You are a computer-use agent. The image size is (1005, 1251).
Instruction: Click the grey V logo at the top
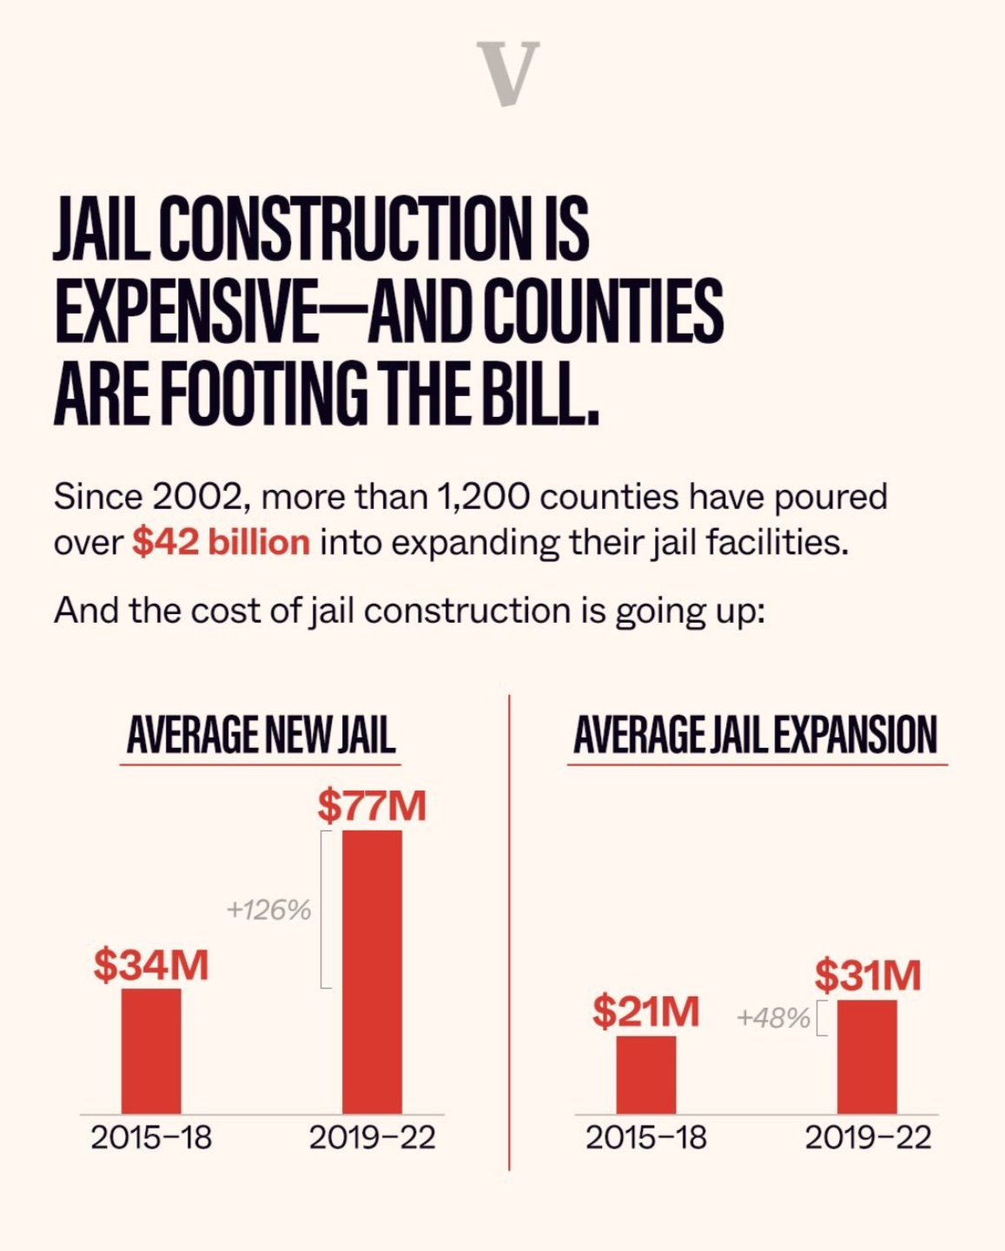click(x=508, y=73)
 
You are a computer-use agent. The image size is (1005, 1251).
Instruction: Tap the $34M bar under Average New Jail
click(x=151, y=1051)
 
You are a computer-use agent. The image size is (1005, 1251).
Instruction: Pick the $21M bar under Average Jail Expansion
click(x=646, y=1075)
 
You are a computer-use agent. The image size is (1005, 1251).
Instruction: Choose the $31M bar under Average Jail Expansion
click(x=867, y=1057)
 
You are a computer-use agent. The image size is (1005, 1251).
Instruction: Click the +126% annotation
click(x=268, y=910)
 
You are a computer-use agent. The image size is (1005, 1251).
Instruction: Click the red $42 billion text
click(x=221, y=542)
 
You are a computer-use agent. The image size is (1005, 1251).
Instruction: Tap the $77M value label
click(x=372, y=805)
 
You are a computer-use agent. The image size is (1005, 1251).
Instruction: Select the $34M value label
click(x=151, y=965)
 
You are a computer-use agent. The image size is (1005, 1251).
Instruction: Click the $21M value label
click(x=645, y=1012)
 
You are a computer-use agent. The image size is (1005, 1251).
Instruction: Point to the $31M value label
click(x=868, y=976)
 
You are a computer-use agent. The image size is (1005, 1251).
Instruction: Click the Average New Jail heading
click(x=261, y=735)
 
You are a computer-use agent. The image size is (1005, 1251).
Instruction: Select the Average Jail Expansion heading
click(x=756, y=735)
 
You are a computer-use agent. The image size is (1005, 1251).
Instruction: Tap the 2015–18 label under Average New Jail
click(x=151, y=1138)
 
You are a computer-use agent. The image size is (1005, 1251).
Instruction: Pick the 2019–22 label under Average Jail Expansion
click(x=868, y=1138)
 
